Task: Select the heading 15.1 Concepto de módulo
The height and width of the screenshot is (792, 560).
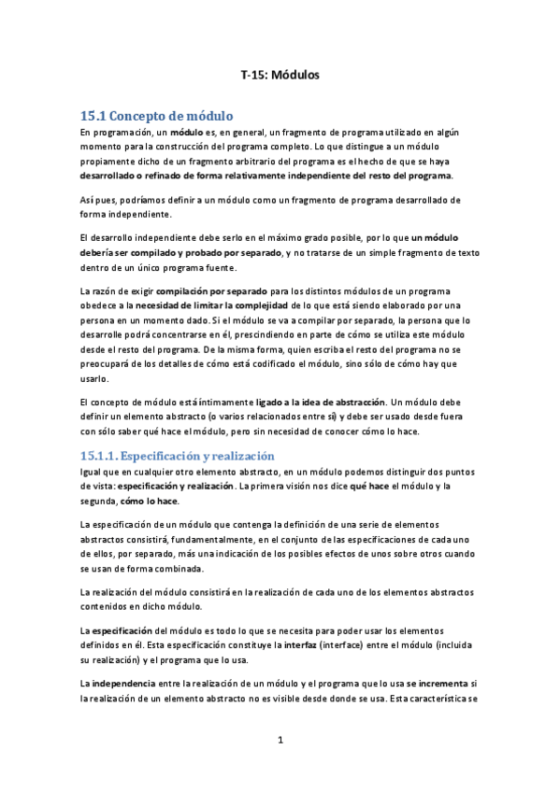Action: (156, 117)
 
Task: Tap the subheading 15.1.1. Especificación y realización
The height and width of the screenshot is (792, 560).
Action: (177, 456)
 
